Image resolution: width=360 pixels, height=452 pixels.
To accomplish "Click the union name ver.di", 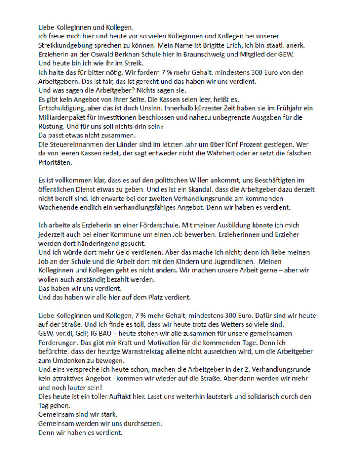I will coord(63,334).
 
